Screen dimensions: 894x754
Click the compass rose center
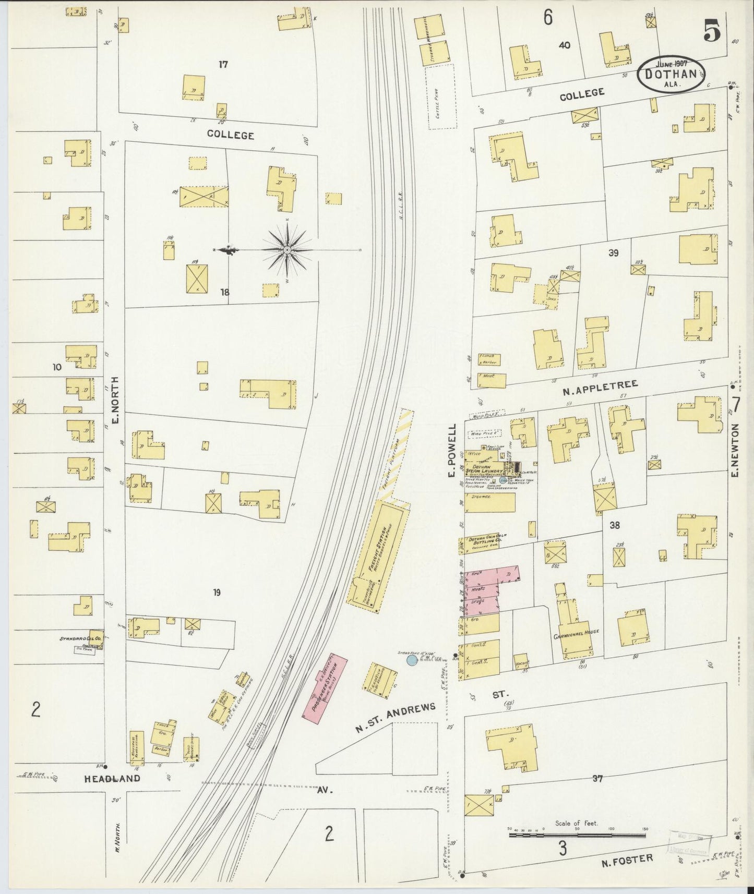(x=288, y=251)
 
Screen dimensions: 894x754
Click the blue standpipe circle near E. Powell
(x=412, y=660)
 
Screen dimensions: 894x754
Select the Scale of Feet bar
(x=577, y=835)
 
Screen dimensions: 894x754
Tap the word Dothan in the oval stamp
(x=670, y=74)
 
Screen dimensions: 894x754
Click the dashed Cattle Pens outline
(x=441, y=97)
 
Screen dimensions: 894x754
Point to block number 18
(x=224, y=292)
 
